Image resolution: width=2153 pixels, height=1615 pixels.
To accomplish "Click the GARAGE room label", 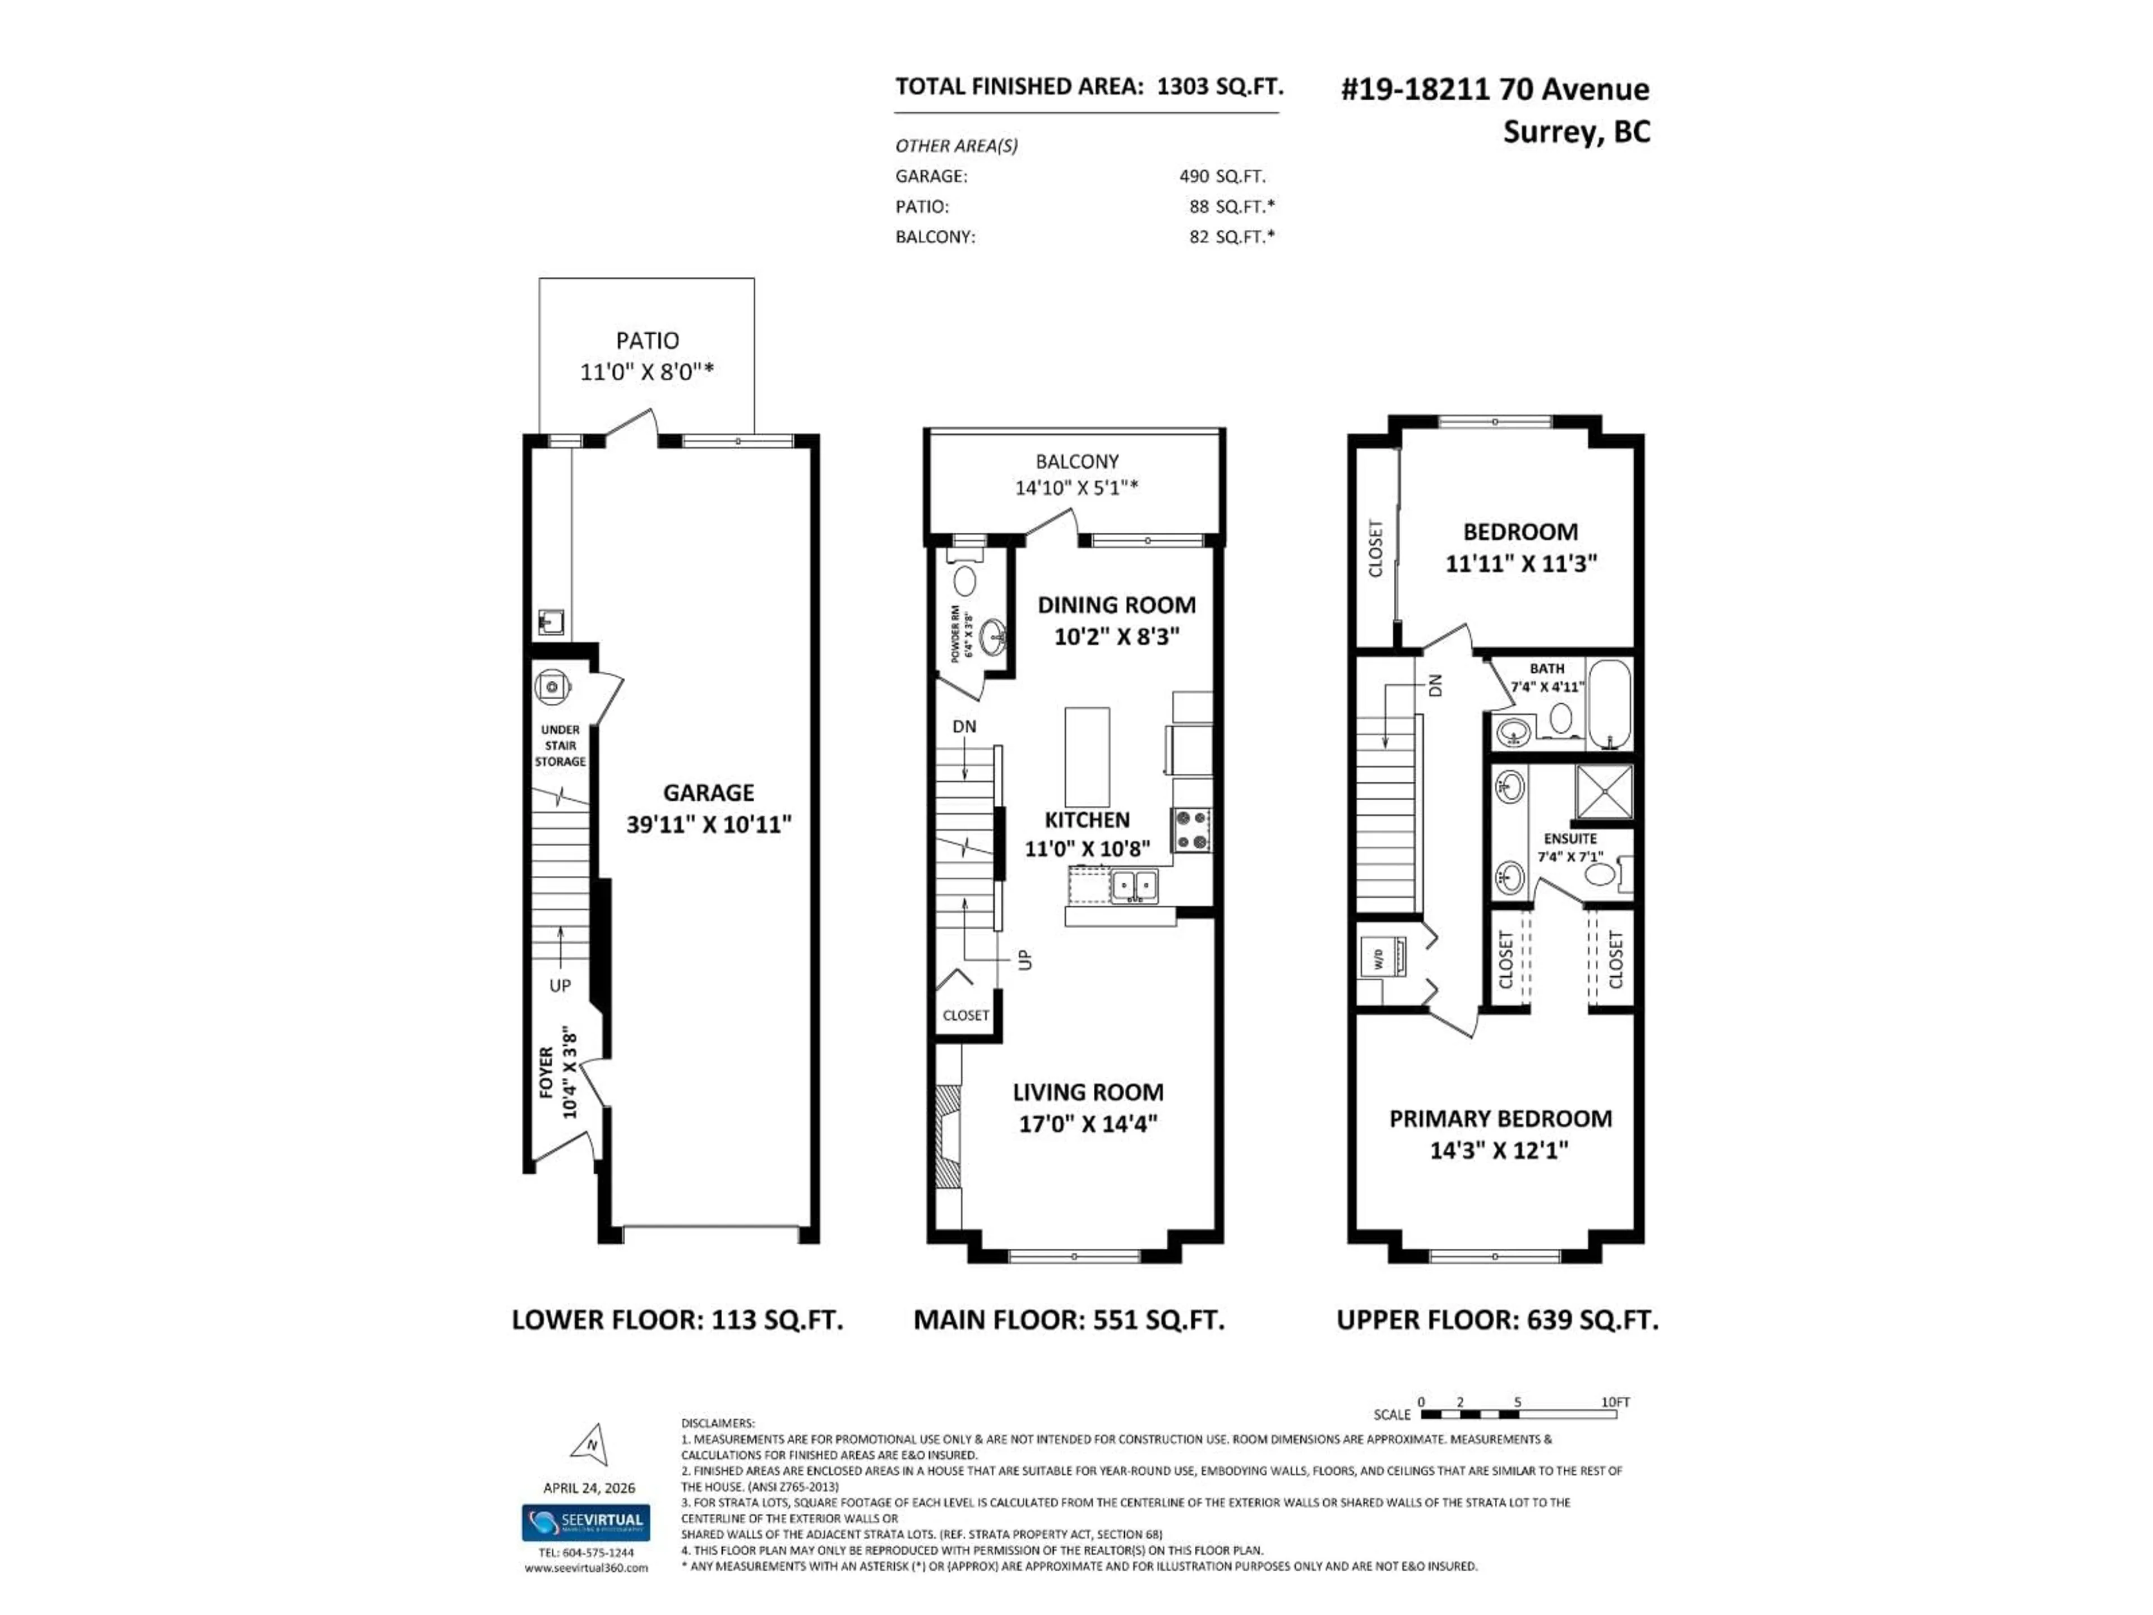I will coord(709,792).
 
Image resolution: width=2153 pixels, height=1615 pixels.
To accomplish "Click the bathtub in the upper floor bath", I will coord(1610,703).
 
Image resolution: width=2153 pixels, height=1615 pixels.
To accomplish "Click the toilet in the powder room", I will coord(964,581).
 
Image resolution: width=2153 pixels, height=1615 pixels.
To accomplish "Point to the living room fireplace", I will coord(947,1136).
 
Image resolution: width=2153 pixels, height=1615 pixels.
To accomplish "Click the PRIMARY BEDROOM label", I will coord(1500,1119).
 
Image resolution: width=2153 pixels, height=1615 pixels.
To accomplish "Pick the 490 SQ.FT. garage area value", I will coord(1222,176).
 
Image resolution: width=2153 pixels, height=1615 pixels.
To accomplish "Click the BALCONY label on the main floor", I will coord(1076,462).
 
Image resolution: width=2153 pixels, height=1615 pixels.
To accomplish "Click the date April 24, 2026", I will coord(589,1488).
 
